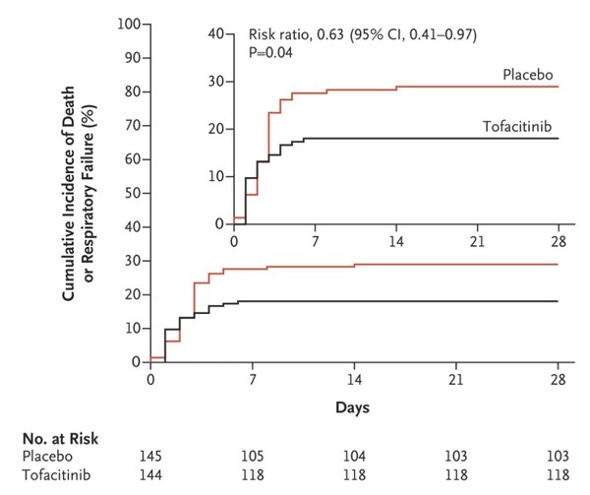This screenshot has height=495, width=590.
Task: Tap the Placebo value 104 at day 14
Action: (354, 458)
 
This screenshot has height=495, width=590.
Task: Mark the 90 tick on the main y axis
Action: (131, 58)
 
